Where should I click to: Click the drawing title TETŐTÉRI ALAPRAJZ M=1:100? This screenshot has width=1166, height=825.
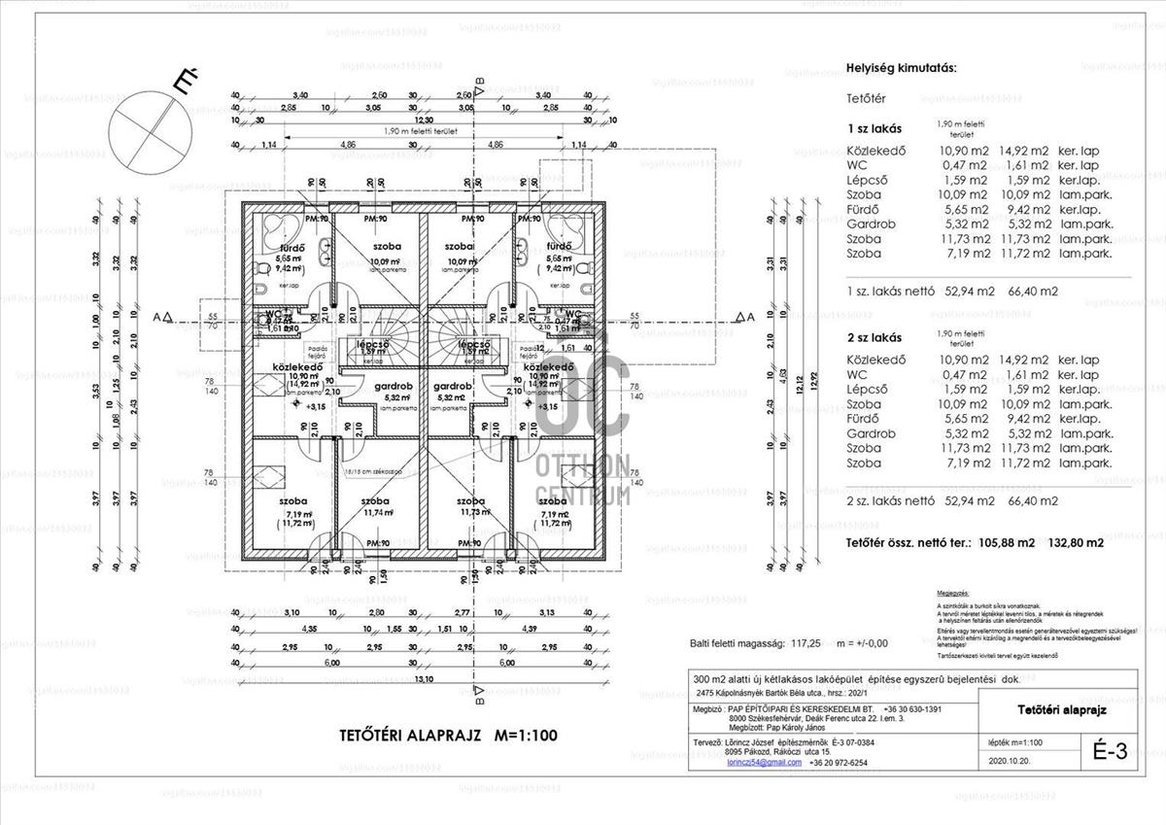pos(447,736)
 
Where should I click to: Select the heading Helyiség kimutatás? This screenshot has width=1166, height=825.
pos(902,68)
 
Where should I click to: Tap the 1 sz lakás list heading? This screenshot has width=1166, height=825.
pos(874,128)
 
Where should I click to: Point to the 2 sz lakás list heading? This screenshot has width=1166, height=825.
pos(874,338)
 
